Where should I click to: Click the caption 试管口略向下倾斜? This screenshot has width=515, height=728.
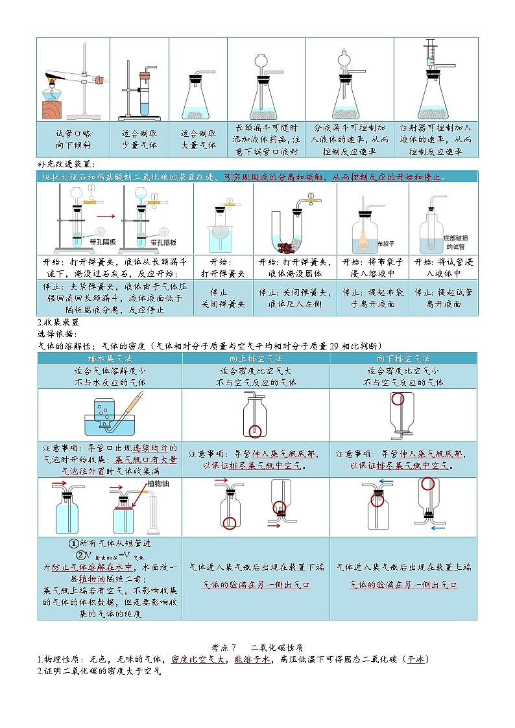[73, 139]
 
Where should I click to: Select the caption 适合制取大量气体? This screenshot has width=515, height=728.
[198, 139]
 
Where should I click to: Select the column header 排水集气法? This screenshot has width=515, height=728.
[110, 358]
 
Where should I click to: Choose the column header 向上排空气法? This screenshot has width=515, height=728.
[256, 358]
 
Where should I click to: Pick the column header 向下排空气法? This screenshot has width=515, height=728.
[403, 358]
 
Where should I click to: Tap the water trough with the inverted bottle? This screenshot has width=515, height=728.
[109, 424]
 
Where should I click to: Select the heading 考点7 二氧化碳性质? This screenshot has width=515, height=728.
[257, 647]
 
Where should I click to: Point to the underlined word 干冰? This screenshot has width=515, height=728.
[415, 659]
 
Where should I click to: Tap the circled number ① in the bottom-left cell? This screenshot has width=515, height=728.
[74, 544]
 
